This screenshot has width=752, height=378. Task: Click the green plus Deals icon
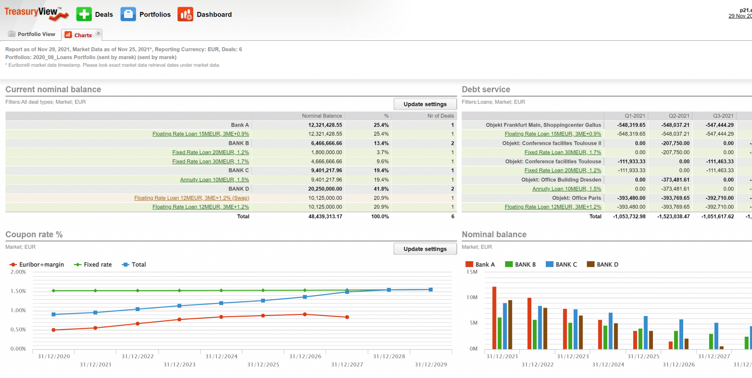pos(84,14)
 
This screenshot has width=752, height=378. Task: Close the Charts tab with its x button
pos(98,33)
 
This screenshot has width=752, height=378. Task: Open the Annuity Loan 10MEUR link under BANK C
pos(214,179)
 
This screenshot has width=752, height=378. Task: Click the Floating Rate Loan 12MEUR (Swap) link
pos(191,198)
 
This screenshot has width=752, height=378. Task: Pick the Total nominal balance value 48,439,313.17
pos(325,217)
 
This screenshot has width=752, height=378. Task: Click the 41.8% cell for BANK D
pos(381,189)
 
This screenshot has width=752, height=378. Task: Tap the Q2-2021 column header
pos(679,116)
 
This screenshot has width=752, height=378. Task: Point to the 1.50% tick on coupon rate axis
pos(18,291)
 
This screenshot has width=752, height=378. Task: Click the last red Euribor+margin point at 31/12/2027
pos(347,317)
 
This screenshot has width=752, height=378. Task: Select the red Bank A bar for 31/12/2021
pos(494,317)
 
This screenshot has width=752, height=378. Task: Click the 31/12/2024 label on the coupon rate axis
pos(221,356)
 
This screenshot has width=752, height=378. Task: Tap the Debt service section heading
pos(486,89)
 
